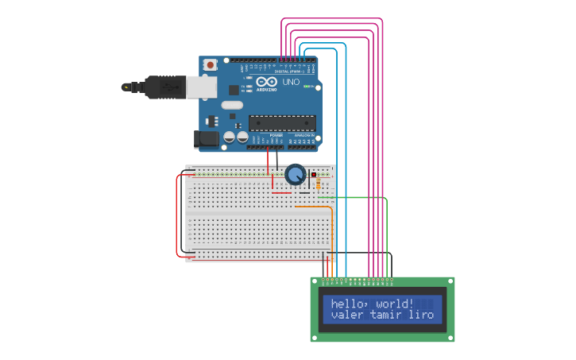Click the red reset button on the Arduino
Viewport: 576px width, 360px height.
(210, 64)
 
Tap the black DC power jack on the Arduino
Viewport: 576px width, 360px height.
(207, 139)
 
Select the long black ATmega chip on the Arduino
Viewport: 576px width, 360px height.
(282, 123)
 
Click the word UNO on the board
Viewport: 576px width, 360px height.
(291, 82)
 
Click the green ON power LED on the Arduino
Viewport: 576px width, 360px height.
(307, 86)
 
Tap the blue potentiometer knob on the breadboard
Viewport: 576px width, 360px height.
(296, 174)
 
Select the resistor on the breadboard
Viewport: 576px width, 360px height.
(319, 184)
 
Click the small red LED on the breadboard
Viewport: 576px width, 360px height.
(314, 174)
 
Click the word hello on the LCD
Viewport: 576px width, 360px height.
(345, 304)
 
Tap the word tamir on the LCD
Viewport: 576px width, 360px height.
(387, 315)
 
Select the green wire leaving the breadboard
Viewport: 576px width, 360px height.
(358, 197)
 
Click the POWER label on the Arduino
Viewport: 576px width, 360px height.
(276, 135)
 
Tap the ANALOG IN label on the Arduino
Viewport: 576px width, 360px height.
(303, 135)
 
